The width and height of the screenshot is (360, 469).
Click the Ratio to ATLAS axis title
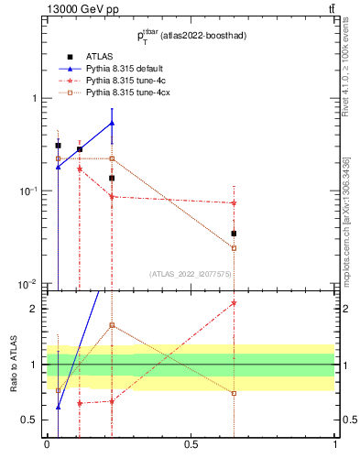13,365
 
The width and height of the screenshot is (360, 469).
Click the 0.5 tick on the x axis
191,445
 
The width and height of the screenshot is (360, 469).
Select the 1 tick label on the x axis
335,445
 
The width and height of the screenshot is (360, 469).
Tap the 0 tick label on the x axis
47,445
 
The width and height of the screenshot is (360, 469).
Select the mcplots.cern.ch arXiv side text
348,211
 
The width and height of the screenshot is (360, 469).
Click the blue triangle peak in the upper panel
112,122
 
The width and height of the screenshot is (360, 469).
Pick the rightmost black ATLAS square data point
234,234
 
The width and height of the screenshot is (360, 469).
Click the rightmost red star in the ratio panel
234,303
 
